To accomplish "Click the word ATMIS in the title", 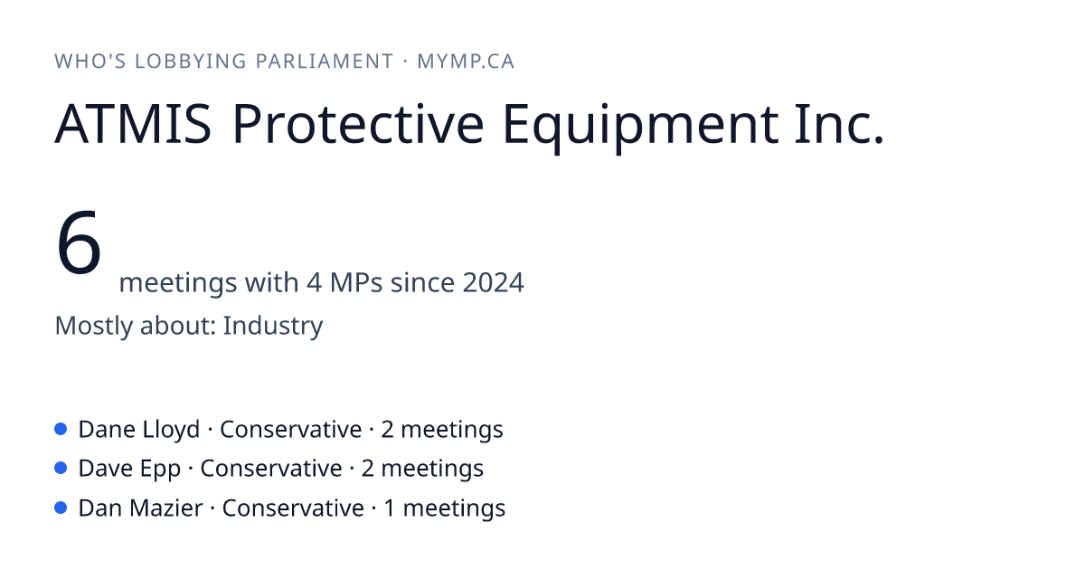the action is (x=133, y=124).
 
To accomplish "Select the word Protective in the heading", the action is (x=358, y=123).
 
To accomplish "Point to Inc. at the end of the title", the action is (x=839, y=123).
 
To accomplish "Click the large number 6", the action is (x=79, y=242).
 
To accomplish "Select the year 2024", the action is (x=493, y=282).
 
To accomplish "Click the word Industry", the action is (x=273, y=326).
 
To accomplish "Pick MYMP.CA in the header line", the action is (x=466, y=62).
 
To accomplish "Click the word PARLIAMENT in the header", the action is (x=324, y=62).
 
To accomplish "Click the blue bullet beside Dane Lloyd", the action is (x=61, y=429).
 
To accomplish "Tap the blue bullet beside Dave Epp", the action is (x=61, y=469).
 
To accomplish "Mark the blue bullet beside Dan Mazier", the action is (x=61, y=508).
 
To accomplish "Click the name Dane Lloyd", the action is (x=139, y=430).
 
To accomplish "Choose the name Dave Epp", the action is (x=129, y=470).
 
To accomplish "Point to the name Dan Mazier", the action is (x=140, y=508).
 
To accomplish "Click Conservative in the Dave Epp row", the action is (x=271, y=469).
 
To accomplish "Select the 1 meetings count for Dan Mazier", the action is (x=444, y=508).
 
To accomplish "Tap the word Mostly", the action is (x=93, y=326).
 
